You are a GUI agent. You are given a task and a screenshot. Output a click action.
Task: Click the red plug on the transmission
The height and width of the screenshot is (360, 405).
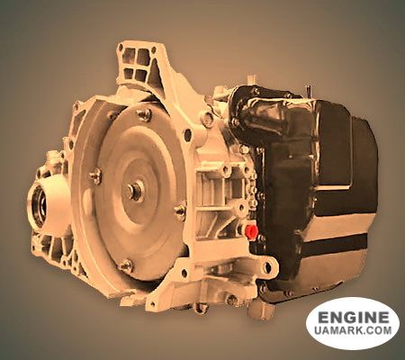pos(249,233)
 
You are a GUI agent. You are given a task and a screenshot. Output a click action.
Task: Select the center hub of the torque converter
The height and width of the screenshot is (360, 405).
pos(134,191)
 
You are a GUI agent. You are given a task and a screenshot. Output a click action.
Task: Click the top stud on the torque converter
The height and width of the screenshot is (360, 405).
pos(143,114)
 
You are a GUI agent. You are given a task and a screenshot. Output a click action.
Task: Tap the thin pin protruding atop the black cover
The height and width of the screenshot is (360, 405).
pos(308,91)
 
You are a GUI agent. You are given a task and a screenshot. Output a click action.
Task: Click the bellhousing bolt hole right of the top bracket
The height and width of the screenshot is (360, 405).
pos(208,117)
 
